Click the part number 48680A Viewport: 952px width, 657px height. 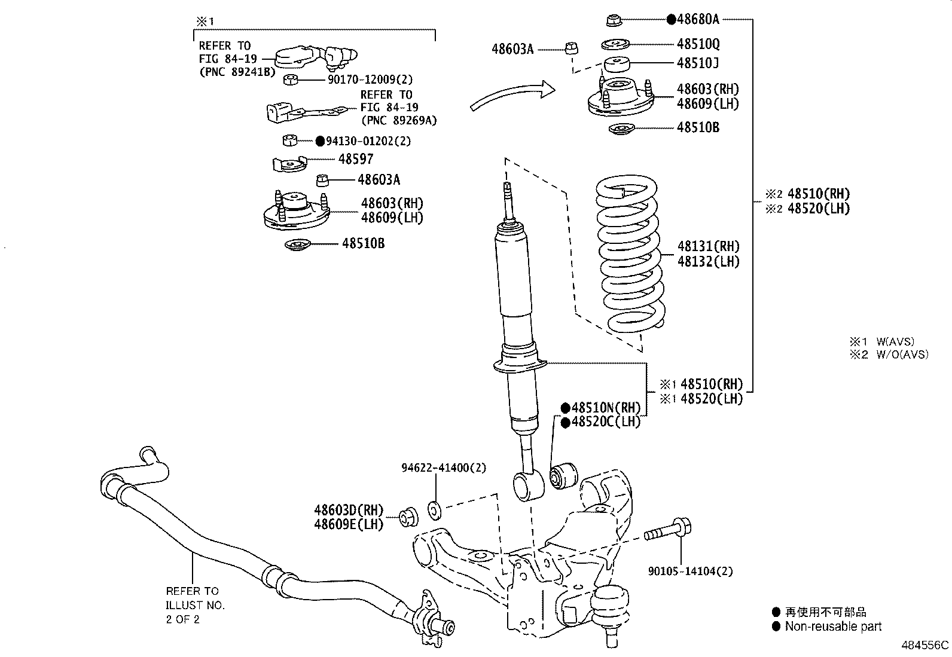coord(698,19)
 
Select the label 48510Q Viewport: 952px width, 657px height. coord(698,44)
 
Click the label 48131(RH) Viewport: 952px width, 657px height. coord(708,246)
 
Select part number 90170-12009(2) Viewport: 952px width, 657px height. coord(370,79)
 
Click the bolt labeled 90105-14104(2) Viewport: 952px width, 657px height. coord(669,530)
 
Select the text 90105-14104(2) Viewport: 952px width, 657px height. coord(690,571)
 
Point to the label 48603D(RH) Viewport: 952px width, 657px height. coord(348,510)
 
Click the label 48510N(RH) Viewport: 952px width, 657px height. coord(606,408)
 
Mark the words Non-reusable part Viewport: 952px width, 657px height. coord(833,627)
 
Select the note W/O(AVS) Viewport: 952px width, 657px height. coord(902,355)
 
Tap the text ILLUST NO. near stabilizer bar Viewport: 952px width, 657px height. coord(195,605)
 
